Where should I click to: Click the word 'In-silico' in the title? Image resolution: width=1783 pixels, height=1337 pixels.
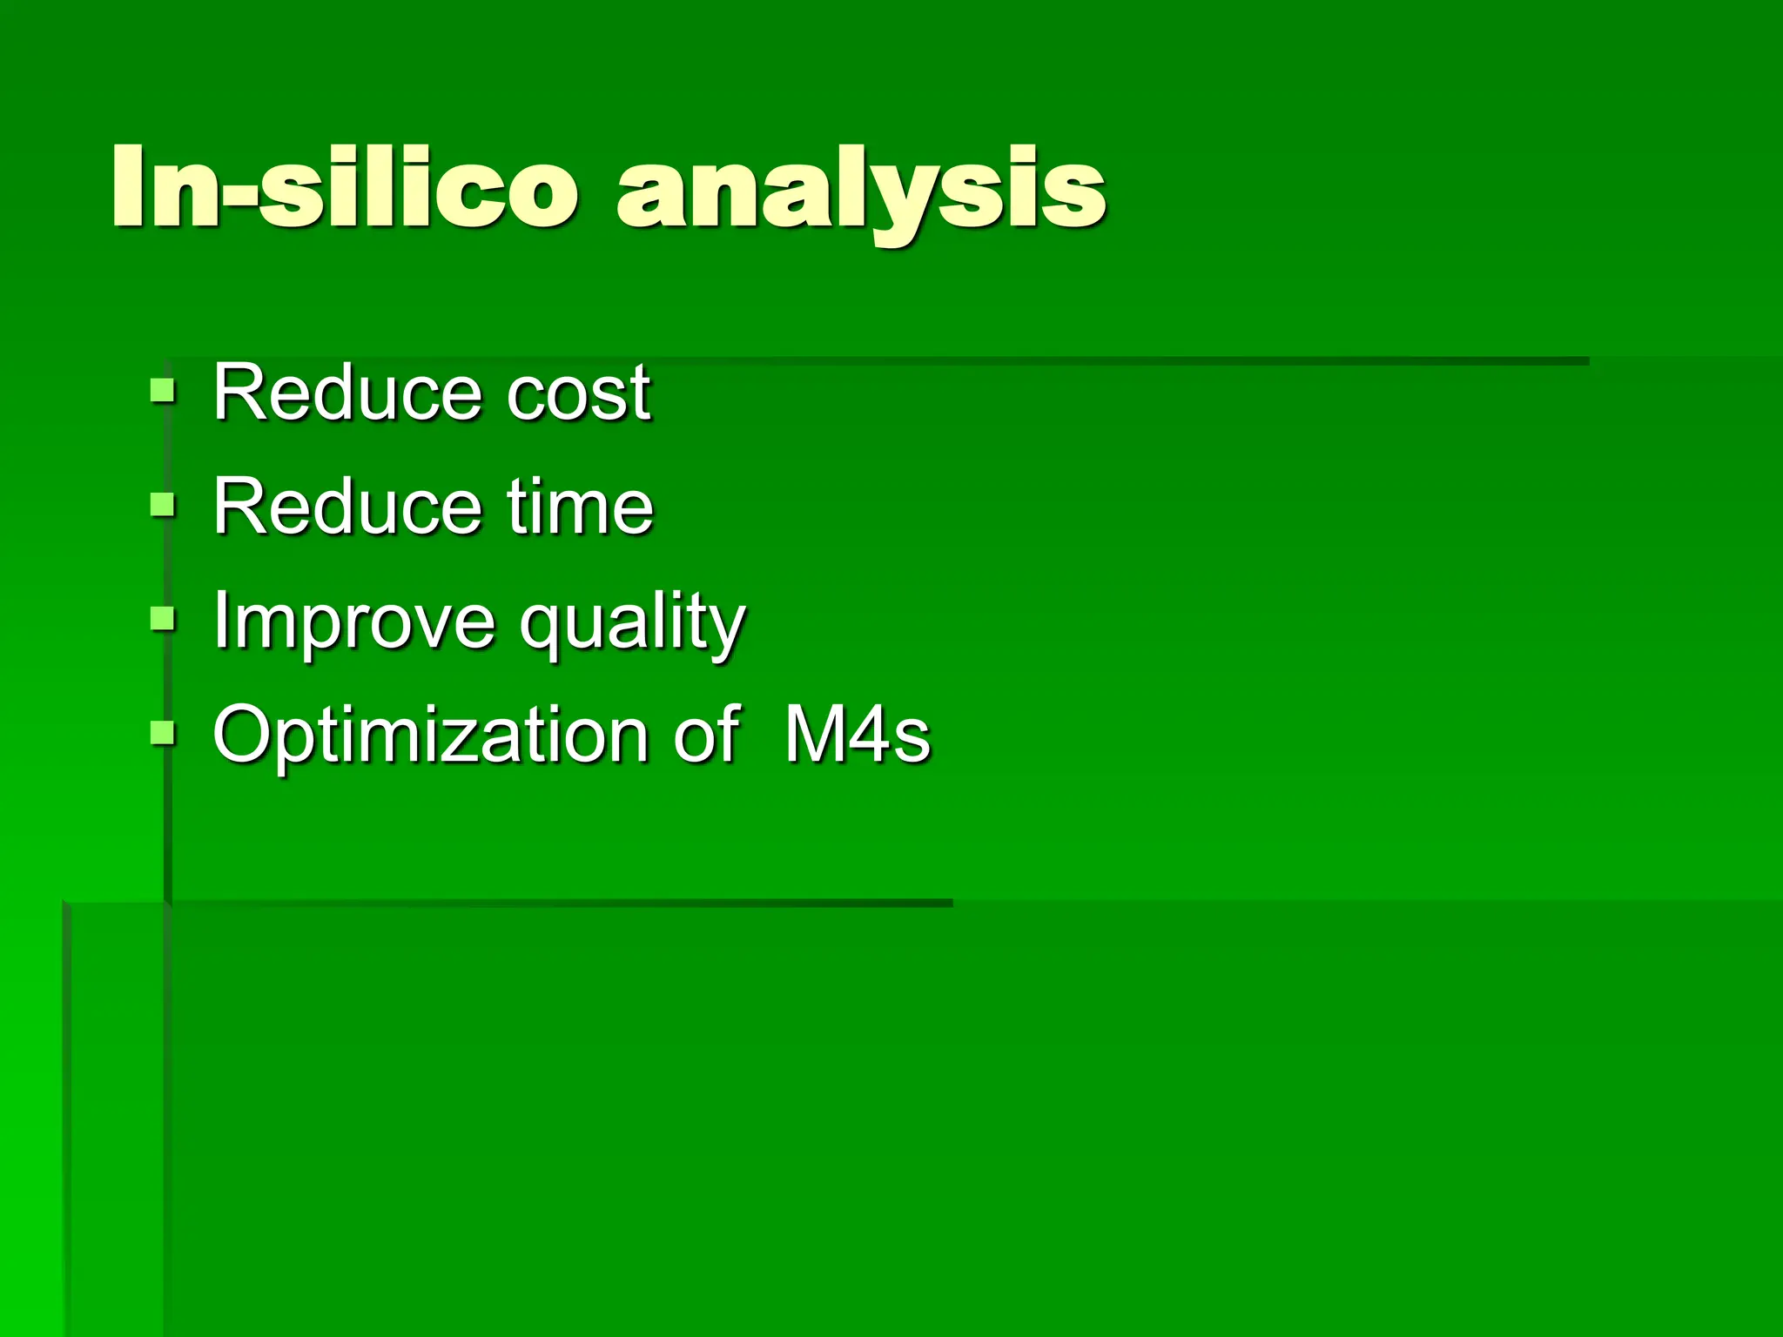click(x=344, y=187)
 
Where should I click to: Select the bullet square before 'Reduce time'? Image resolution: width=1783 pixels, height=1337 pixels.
click(x=163, y=504)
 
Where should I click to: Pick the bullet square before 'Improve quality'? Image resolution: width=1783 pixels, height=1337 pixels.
click(x=163, y=619)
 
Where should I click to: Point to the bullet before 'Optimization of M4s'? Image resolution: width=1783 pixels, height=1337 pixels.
click(x=163, y=733)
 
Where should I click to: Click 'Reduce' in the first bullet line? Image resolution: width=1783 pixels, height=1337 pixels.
click(x=347, y=393)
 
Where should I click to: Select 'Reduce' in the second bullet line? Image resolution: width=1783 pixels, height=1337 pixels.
click(x=347, y=507)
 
